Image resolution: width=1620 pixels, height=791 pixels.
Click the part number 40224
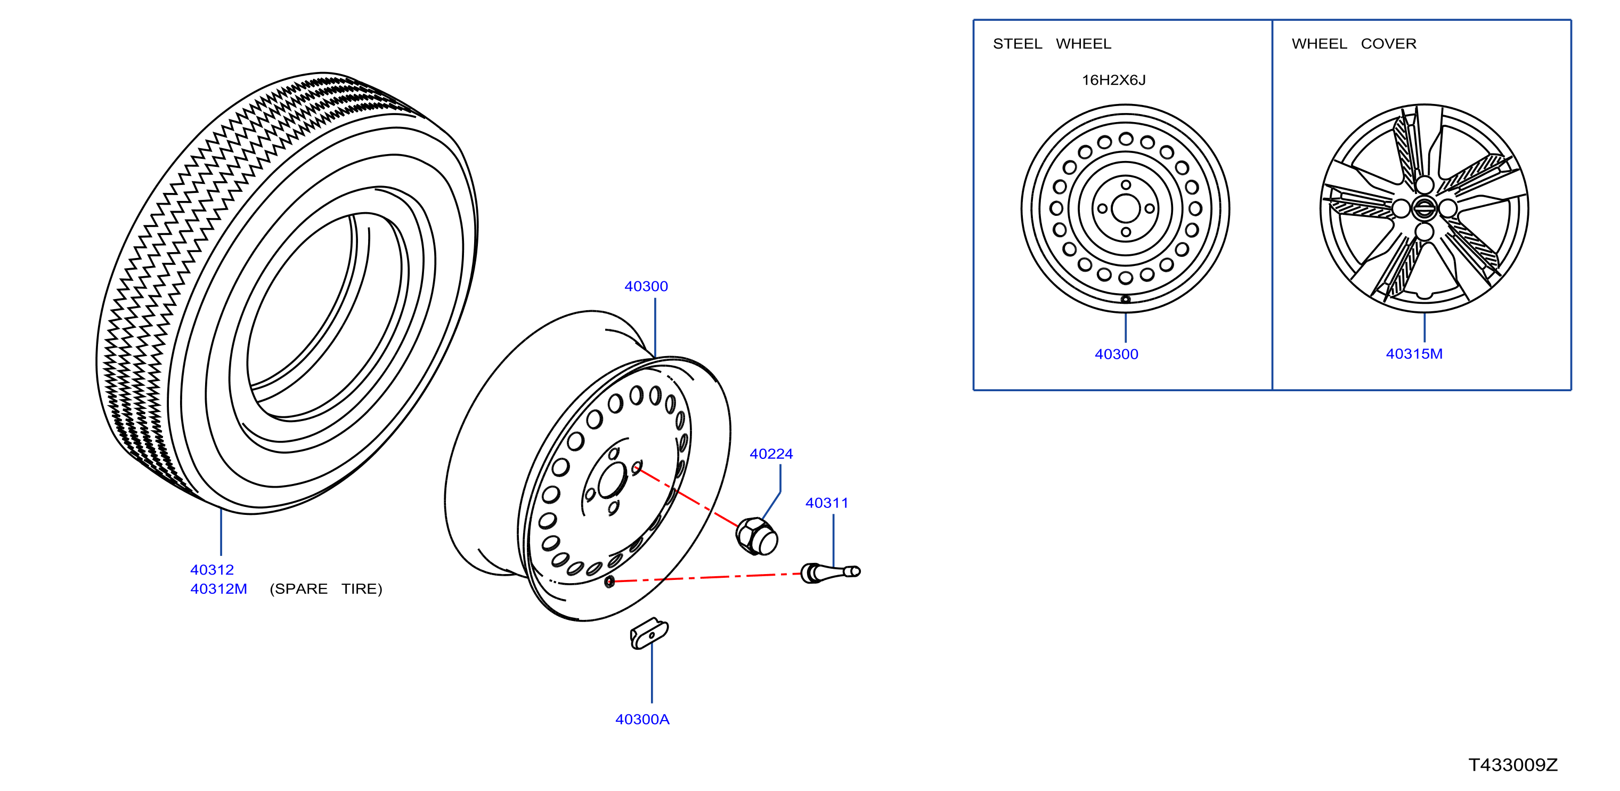point(771,454)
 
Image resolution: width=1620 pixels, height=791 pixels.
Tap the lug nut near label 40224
point(756,536)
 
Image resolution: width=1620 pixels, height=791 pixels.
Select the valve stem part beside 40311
point(830,572)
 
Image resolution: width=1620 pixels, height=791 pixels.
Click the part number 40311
point(827,503)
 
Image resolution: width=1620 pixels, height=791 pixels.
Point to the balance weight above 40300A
point(649,633)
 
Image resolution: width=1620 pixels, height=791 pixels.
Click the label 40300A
point(642,719)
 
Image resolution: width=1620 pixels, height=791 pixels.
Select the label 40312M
point(219,589)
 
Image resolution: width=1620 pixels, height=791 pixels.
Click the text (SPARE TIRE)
point(326,589)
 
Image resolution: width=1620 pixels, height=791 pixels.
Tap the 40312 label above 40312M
point(212,569)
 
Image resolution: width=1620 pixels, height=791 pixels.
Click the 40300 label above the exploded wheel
point(646,286)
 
